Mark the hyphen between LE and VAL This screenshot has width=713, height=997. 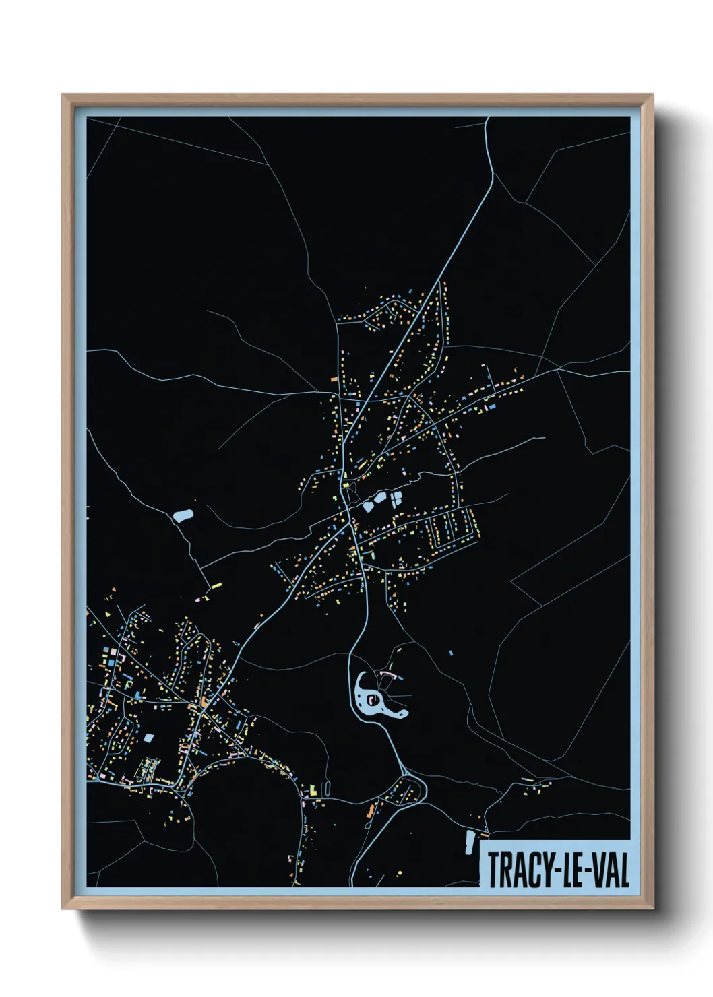(x=588, y=872)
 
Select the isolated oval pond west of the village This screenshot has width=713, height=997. (x=183, y=516)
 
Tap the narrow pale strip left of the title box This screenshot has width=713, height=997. (x=469, y=842)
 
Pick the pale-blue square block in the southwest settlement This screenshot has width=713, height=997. (x=148, y=738)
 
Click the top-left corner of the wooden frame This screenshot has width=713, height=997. (x=63, y=96)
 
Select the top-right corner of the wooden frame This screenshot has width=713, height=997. (x=652, y=96)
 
